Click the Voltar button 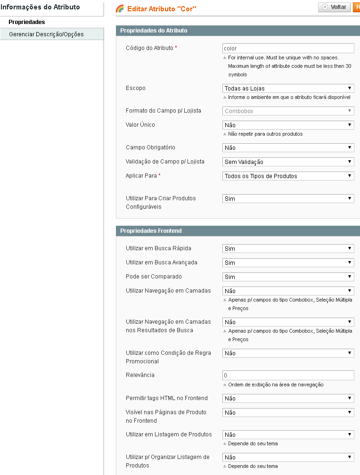tap(334, 7)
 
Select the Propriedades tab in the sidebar tap(27, 22)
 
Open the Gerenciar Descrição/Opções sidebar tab tap(46, 34)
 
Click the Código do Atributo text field tap(288, 48)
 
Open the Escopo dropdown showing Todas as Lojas tap(288, 88)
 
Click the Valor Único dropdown tap(288, 125)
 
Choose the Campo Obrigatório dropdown tap(288, 147)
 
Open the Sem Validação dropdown tap(288, 162)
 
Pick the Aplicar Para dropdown tap(288, 176)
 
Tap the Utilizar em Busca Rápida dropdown tap(288, 248)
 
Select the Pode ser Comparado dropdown tap(288, 277)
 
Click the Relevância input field tap(288, 376)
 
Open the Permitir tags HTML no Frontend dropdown tap(288, 398)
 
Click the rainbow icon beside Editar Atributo tap(120, 8)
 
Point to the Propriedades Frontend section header tap(151, 231)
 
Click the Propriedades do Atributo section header tap(154, 31)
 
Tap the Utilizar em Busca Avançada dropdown tap(288, 262)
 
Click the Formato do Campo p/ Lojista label tap(163, 111)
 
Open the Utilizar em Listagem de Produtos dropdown tap(288, 434)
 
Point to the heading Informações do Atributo tap(40, 7)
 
